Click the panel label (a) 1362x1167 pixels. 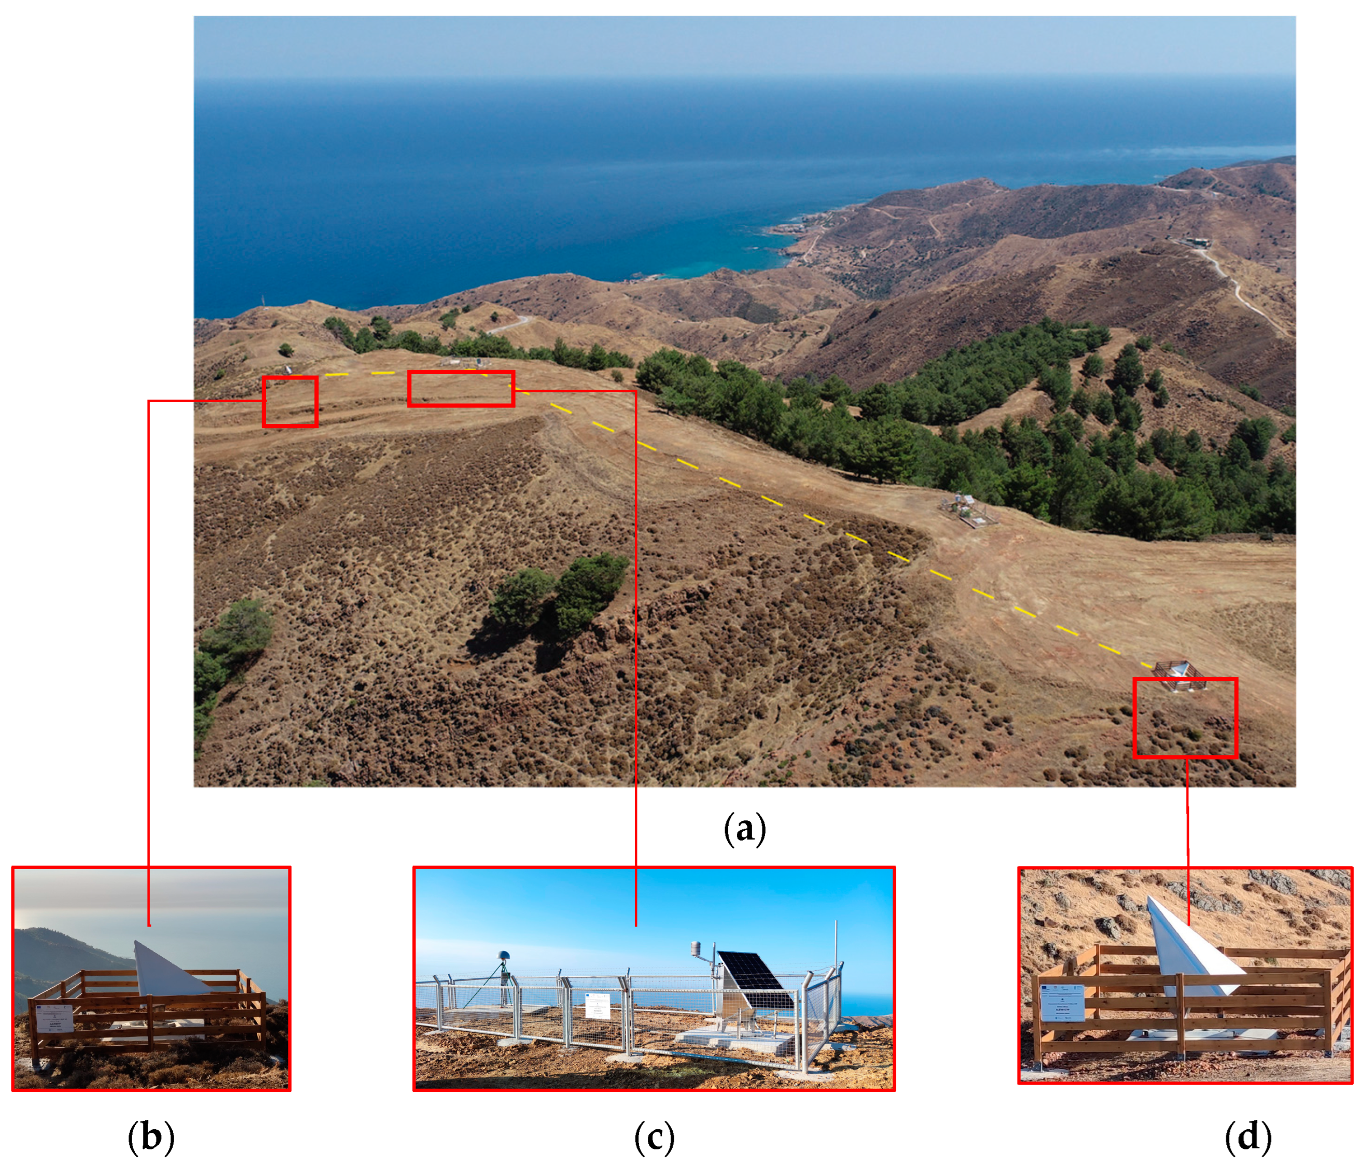[745, 829]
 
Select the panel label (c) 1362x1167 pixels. [654, 1137]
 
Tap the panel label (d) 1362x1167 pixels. [1247, 1137]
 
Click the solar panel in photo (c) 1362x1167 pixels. [755, 980]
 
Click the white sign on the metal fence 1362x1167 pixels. [598, 1006]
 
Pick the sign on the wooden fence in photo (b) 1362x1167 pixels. [54, 1018]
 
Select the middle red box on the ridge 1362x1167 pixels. [461, 388]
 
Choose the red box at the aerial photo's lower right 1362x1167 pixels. [1185, 718]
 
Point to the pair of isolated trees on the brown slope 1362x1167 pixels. [559, 595]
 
